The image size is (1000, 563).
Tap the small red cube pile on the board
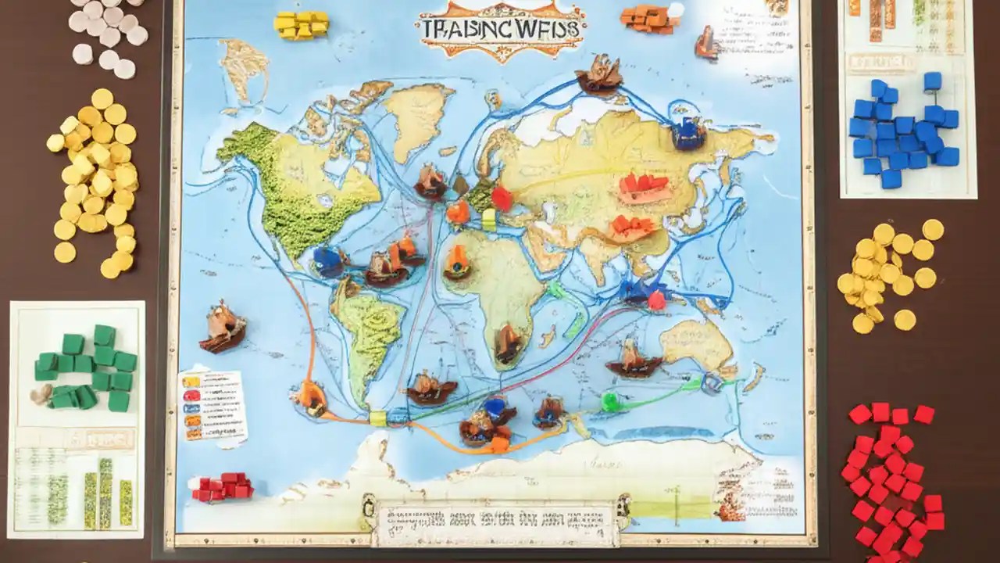pos(223,486)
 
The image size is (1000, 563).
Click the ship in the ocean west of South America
pos(223,327)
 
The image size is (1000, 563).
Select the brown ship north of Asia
pos(599,74)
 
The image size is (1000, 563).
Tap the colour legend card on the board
pos(212,404)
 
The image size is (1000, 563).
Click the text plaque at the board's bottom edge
pos(496,523)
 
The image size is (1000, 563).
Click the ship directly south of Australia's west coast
pos(634,360)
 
